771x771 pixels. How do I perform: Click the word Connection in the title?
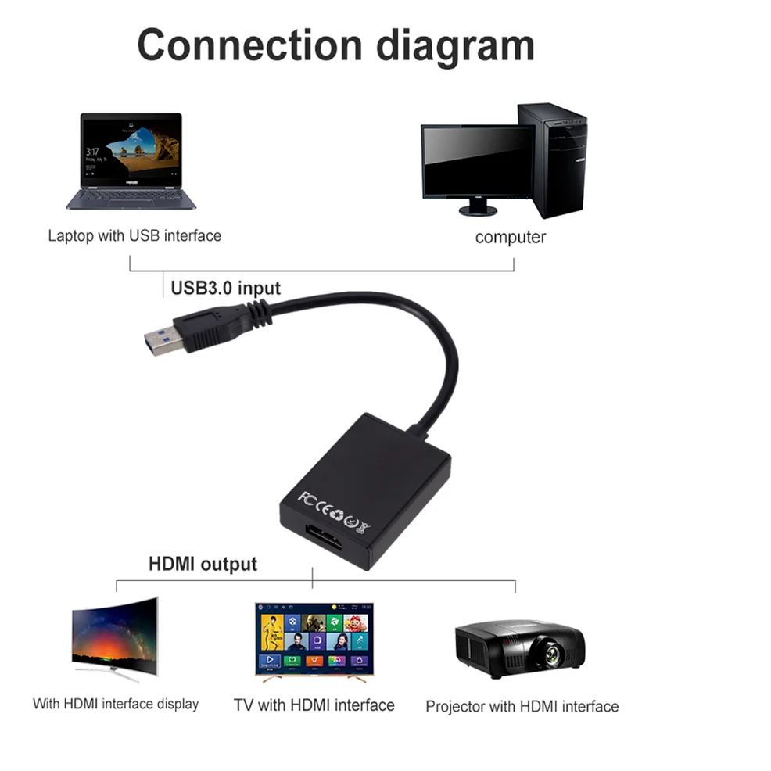[249, 45]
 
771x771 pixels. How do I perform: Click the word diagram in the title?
[455, 47]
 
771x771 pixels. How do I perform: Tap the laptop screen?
[131, 150]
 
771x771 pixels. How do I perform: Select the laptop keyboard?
[131, 197]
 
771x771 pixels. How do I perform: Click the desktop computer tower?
[553, 160]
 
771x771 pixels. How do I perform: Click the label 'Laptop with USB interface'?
[134, 236]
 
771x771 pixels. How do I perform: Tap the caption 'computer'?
[511, 237]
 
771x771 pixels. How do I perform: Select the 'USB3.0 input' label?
[226, 288]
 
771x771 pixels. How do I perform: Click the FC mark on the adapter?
[307, 499]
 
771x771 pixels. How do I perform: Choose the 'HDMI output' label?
[203, 564]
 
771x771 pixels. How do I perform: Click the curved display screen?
[115, 635]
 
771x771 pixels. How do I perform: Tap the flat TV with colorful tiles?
[314, 639]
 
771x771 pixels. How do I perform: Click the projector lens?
[553, 654]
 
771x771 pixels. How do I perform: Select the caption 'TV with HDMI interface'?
[314, 705]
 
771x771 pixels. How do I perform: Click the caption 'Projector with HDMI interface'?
[522, 707]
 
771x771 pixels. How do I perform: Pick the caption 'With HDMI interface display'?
[116, 704]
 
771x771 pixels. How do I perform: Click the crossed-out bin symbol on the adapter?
[364, 526]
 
